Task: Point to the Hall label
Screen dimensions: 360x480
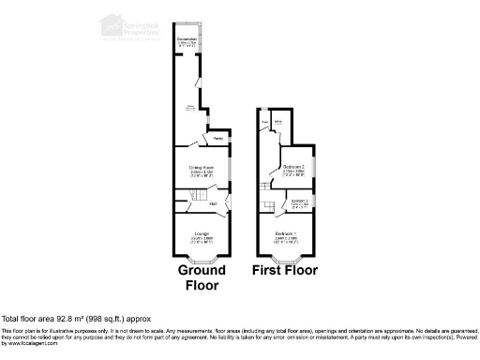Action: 213,203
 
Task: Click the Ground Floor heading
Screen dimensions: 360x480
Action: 199,277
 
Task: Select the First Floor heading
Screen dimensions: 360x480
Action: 285,272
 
